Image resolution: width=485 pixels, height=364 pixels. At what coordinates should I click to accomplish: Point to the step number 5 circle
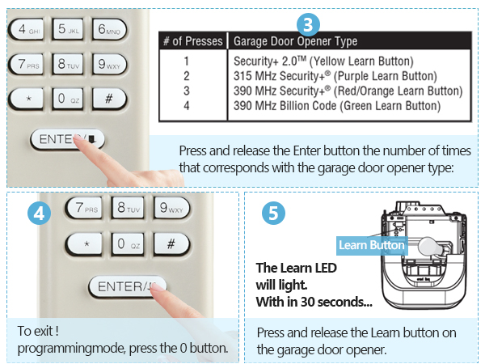click(275, 214)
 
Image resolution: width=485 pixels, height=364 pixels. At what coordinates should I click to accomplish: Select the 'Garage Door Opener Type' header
click(295, 41)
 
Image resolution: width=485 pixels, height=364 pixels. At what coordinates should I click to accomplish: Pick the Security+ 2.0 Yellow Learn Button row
click(323, 61)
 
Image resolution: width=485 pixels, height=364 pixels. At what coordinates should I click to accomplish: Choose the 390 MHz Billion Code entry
click(337, 105)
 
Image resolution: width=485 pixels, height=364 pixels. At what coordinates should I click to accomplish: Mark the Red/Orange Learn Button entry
click(348, 91)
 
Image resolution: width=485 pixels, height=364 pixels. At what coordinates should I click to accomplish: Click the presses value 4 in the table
click(186, 105)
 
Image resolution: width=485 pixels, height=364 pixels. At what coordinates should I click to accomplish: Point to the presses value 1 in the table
click(186, 61)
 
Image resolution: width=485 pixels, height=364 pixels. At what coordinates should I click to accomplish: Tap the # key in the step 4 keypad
click(171, 243)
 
